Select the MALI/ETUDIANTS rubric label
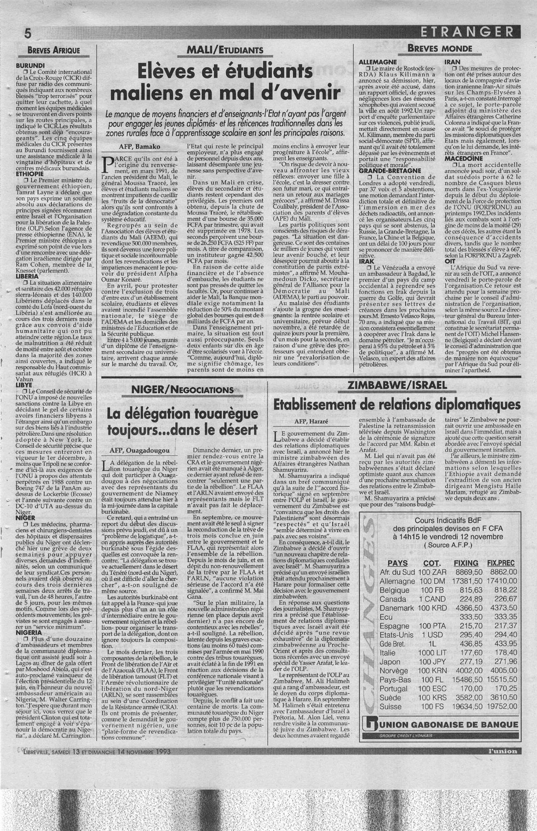tap(224, 50)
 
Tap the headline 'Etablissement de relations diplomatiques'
tap(397, 404)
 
